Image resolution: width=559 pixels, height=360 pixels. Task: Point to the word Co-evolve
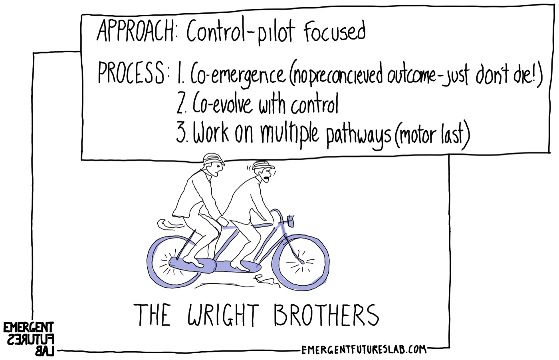(222, 103)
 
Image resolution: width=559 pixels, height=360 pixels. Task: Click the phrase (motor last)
(432, 135)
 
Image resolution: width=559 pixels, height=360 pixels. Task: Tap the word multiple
(290, 135)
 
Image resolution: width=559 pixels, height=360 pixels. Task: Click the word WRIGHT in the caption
(223, 314)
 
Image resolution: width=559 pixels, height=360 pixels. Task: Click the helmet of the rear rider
(212, 159)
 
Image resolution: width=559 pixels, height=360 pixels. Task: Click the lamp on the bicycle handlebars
(290, 221)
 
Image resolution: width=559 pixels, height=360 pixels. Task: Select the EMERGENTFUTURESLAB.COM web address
(364, 350)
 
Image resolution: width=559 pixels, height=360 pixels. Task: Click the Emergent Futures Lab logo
(29, 339)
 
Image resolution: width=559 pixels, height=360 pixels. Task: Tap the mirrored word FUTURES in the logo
(30, 339)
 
